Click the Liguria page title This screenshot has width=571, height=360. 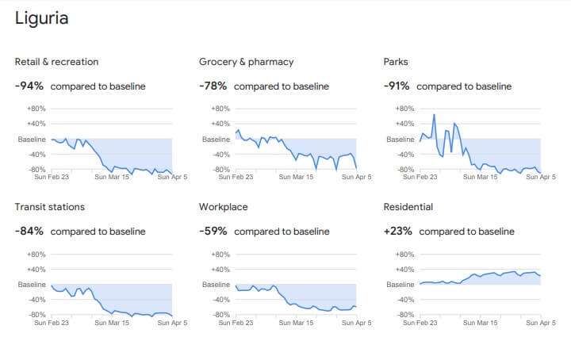41,18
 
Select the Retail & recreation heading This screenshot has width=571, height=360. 56,62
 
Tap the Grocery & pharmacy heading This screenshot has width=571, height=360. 246,62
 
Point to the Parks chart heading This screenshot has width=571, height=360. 396,62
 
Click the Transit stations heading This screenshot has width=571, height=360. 49,207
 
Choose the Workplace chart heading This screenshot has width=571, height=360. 223,207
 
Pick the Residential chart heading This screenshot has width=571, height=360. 408,207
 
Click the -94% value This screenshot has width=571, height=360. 29,86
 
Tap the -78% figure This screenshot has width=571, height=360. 213,86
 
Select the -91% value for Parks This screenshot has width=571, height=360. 397,86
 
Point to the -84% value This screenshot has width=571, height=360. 29,231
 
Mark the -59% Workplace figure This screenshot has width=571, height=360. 213,231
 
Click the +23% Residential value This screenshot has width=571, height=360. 397,231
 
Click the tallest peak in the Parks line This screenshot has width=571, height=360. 434,115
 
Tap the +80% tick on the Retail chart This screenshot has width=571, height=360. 36,109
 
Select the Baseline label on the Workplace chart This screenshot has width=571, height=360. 216,285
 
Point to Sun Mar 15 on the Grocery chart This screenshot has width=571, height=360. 296,177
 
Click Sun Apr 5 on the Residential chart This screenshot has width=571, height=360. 541,323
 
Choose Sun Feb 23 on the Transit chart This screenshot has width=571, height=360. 52,323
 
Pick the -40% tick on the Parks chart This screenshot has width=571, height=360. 405,155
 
